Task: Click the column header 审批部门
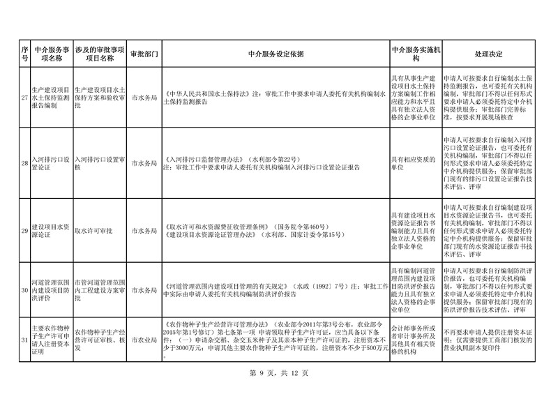coord(144,53)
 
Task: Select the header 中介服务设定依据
coord(275,53)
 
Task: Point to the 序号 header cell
coord(24,53)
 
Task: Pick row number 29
coord(24,230)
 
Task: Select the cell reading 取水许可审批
coord(94,230)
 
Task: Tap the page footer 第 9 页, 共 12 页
coord(278,373)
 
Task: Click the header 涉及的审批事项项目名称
coord(99,53)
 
